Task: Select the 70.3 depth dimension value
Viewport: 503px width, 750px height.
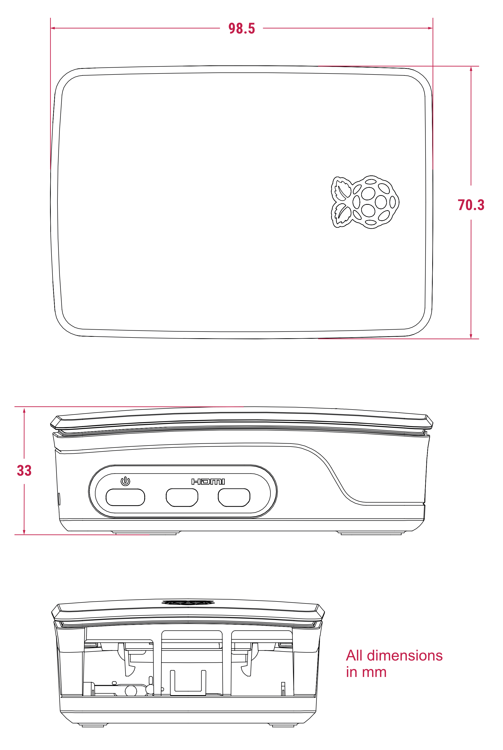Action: click(x=471, y=205)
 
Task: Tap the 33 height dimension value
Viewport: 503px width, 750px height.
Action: click(x=24, y=470)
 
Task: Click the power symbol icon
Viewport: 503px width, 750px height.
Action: click(x=125, y=481)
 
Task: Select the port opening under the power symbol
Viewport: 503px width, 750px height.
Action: click(x=125, y=497)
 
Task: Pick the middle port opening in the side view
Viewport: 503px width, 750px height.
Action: click(x=182, y=497)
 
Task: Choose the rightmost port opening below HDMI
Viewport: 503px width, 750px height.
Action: click(x=234, y=497)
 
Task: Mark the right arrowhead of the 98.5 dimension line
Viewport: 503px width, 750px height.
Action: click(x=431, y=28)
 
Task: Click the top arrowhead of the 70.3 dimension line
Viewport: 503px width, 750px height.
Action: click(x=471, y=69)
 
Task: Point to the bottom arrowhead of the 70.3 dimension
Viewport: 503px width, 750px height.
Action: click(x=471, y=336)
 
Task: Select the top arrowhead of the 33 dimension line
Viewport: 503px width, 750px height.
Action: click(x=24, y=410)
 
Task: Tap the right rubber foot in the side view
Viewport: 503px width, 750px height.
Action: click(x=371, y=533)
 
